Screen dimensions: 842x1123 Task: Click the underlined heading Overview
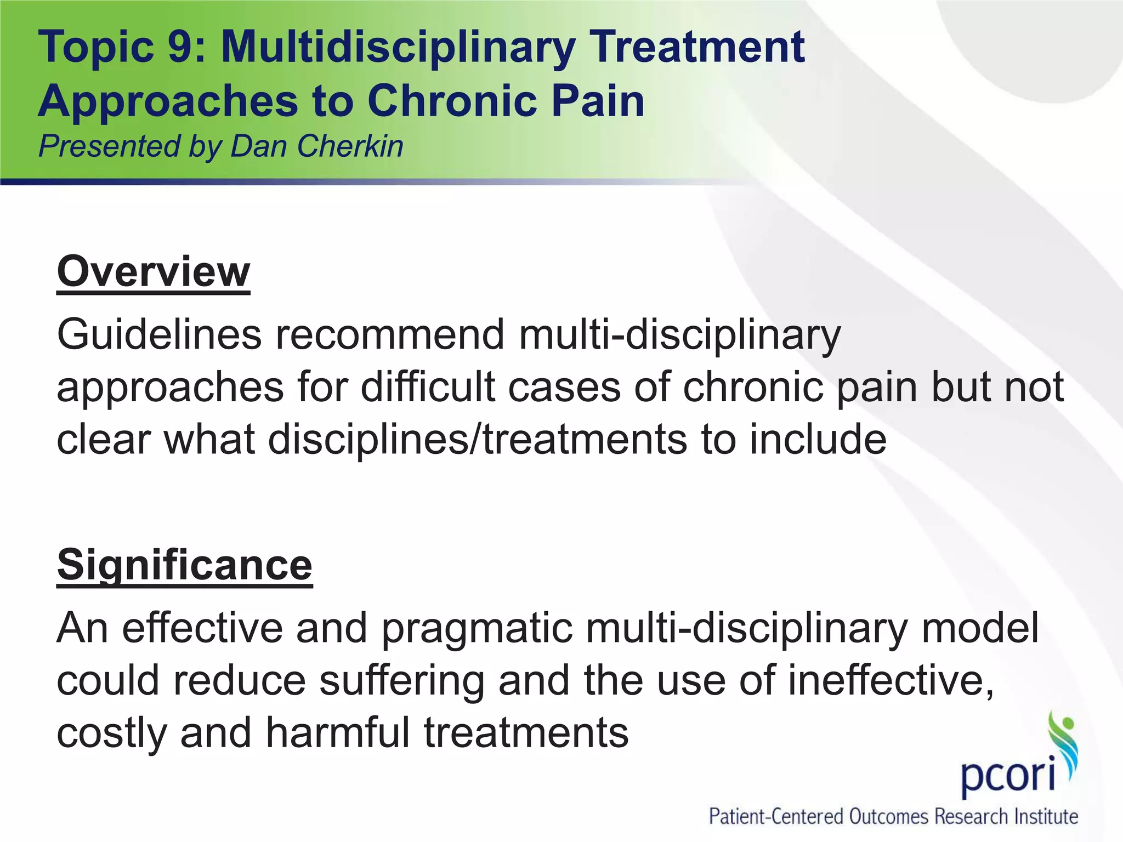click(154, 272)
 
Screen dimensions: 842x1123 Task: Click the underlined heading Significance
click(185, 565)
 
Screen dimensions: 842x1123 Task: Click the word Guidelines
click(159, 334)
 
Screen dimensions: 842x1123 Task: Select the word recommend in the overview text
click(390, 334)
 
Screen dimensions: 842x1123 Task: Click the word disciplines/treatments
click(477, 440)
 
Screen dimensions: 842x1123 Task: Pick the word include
click(818, 440)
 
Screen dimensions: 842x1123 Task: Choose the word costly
click(112, 734)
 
